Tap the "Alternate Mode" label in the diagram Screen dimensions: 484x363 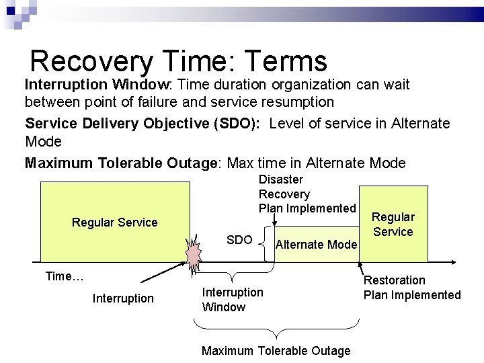click(x=316, y=245)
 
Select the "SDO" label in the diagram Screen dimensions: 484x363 click(x=239, y=240)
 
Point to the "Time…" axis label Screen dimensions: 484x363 click(x=64, y=276)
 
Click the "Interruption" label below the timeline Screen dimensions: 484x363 click(x=123, y=298)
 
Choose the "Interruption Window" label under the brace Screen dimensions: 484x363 click(x=233, y=300)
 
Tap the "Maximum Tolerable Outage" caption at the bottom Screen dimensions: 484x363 click(x=276, y=351)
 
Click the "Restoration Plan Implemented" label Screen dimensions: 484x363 click(x=412, y=288)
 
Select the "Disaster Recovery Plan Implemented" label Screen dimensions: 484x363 click(x=307, y=194)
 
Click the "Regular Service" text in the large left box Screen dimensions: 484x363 click(x=114, y=223)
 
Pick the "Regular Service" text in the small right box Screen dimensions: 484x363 click(x=393, y=225)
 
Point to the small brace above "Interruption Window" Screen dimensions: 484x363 click(x=232, y=276)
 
